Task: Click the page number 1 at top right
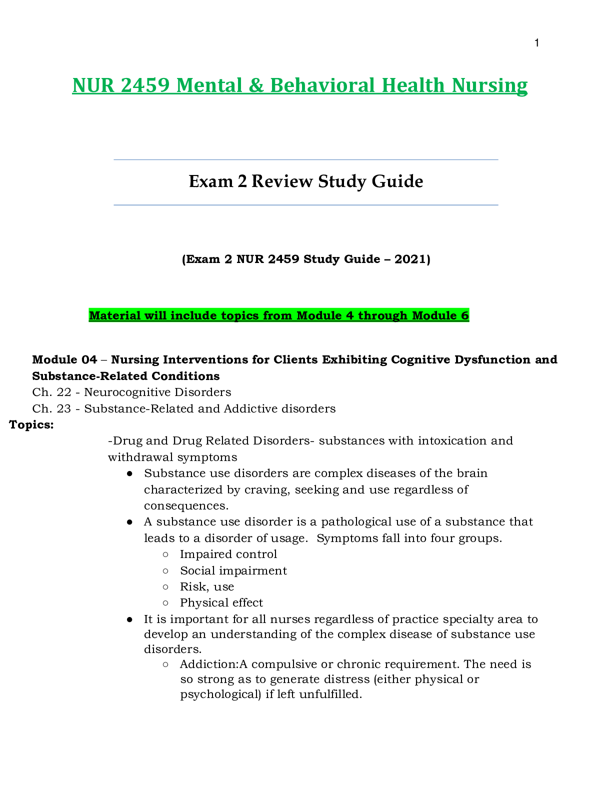(536, 43)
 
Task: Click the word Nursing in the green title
(489, 85)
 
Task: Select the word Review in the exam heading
(282, 181)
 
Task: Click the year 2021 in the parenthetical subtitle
(410, 259)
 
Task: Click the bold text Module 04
(64, 359)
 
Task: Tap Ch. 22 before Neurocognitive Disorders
(51, 392)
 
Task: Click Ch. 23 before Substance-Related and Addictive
(51, 408)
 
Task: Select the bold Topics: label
(31, 425)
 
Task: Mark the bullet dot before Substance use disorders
(129, 473)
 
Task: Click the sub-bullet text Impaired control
(228, 554)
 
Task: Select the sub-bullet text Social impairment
(233, 570)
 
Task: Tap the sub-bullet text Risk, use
(207, 586)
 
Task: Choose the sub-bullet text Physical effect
(221, 602)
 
